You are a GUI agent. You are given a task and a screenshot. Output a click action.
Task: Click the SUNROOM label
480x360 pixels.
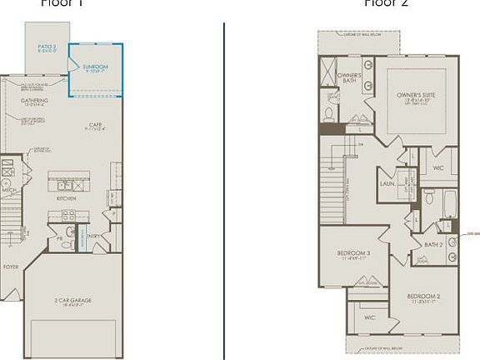pos(95,67)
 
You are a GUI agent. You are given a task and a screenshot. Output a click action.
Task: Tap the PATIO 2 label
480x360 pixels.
pos(47,47)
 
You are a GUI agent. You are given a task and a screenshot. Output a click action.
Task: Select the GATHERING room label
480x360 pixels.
pos(34,101)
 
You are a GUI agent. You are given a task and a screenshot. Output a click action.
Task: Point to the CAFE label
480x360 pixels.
pos(96,125)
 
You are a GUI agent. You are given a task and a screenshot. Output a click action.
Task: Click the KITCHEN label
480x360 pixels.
pos(67,198)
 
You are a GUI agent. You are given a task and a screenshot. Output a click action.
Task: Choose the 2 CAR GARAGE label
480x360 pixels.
pos(72,299)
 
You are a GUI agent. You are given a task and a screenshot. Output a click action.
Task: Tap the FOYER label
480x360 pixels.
pos(10,267)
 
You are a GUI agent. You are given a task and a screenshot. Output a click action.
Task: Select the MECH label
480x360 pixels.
pos(9,190)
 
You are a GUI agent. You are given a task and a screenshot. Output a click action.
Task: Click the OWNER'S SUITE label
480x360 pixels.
pos(416,96)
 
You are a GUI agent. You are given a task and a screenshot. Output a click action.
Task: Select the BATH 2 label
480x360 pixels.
pos(432,244)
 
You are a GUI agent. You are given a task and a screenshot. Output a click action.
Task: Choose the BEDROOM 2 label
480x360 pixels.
pos(424,297)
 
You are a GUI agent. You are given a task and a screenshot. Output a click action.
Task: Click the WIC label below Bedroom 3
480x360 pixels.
pos(370,317)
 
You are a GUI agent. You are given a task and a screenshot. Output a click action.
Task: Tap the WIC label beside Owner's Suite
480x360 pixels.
pos(438,167)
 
